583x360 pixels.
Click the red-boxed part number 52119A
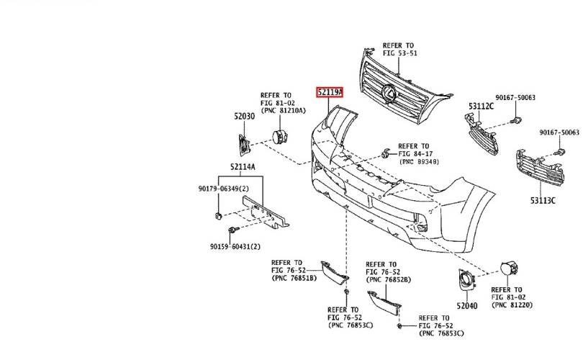330,92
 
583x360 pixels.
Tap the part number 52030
244,117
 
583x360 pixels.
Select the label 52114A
243,166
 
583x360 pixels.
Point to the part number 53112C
481,107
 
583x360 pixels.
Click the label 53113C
543,201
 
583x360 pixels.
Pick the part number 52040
467,306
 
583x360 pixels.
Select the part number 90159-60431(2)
235,246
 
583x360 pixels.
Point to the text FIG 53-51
400,53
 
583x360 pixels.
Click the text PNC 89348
420,162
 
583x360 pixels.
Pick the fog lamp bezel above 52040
465,279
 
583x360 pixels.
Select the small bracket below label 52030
244,144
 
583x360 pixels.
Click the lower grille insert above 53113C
540,167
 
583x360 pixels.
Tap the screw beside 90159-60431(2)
234,230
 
